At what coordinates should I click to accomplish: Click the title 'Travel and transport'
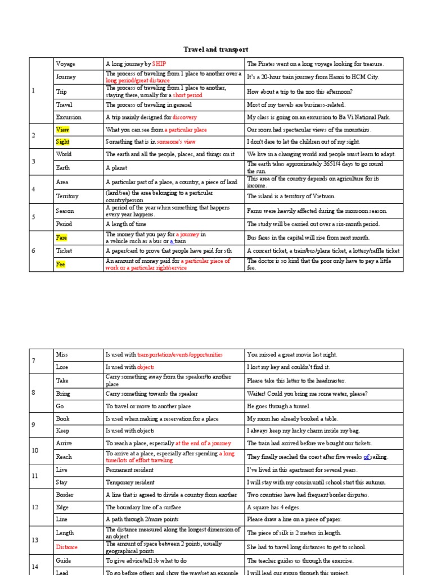click(x=216, y=50)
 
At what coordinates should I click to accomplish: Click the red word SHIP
click(x=157, y=64)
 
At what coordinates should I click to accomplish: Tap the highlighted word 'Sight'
click(x=62, y=142)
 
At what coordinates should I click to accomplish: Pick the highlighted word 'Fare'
click(x=61, y=238)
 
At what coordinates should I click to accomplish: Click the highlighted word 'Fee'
click(x=61, y=264)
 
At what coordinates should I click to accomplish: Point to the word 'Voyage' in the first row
click(x=65, y=64)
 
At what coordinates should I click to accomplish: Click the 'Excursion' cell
click(x=69, y=117)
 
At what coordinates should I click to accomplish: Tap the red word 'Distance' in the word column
click(x=67, y=547)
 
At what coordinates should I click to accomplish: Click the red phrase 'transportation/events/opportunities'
click(x=180, y=355)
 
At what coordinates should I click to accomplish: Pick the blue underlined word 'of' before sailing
click(x=366, y=457)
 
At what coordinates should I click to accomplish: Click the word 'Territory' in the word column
click(x=67, y=196)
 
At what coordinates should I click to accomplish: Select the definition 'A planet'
click(x=116, y=167)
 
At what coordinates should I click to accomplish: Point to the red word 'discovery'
click(x=185, y=117)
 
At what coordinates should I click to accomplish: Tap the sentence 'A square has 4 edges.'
click(x=276, y=507)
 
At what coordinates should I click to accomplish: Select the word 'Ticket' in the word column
click(x=64, y=250)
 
